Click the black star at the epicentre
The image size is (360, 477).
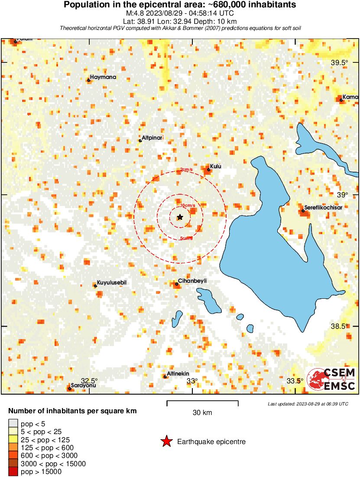point(180,217)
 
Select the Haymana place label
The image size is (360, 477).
point(103,77)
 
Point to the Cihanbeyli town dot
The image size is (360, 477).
point(177,284)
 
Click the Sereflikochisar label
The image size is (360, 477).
point(323,207)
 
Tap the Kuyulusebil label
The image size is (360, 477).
point(111,283)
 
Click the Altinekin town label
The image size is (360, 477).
point(178,373)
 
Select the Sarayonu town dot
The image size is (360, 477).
point(69,389)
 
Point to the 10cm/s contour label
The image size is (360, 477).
point(188,205)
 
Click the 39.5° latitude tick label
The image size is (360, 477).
point(339,62)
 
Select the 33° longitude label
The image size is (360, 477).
point(192,381)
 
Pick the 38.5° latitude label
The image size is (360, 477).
point(339,326)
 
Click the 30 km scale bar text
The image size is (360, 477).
point(202,413)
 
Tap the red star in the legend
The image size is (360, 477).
point(166,442)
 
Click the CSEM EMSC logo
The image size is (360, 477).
point(331,379)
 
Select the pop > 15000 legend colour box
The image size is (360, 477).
point(13,471)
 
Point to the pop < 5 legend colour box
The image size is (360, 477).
point(13,424)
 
